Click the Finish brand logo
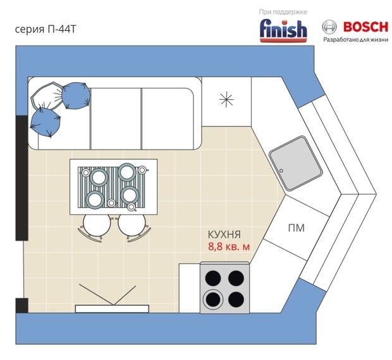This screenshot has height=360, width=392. coord(283,31)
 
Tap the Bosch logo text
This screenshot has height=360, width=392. coord(366,27)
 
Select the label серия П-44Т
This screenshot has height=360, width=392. coord(46,29)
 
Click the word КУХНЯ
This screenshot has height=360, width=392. coord(224,235)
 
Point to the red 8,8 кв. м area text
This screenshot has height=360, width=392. coord(229,247)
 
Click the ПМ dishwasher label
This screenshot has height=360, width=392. coord(297,228)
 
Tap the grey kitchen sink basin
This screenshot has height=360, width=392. coord(295,163)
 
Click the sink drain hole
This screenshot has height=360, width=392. coord(281,171)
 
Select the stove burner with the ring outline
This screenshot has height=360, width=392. coord(213,299)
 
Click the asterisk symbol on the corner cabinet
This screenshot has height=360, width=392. coord(226,99)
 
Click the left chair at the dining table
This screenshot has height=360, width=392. coord(96,227)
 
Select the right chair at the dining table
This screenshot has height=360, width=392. coord(133,227)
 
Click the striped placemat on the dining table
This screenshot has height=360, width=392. coord(111,187)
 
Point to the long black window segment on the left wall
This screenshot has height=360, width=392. coord(22,178)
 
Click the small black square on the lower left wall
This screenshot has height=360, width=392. coord(22,305)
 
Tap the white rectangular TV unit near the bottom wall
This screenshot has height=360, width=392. coord(112,309)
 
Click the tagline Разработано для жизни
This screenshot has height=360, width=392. coord(356,40)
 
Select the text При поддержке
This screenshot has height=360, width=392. coord(283,12)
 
